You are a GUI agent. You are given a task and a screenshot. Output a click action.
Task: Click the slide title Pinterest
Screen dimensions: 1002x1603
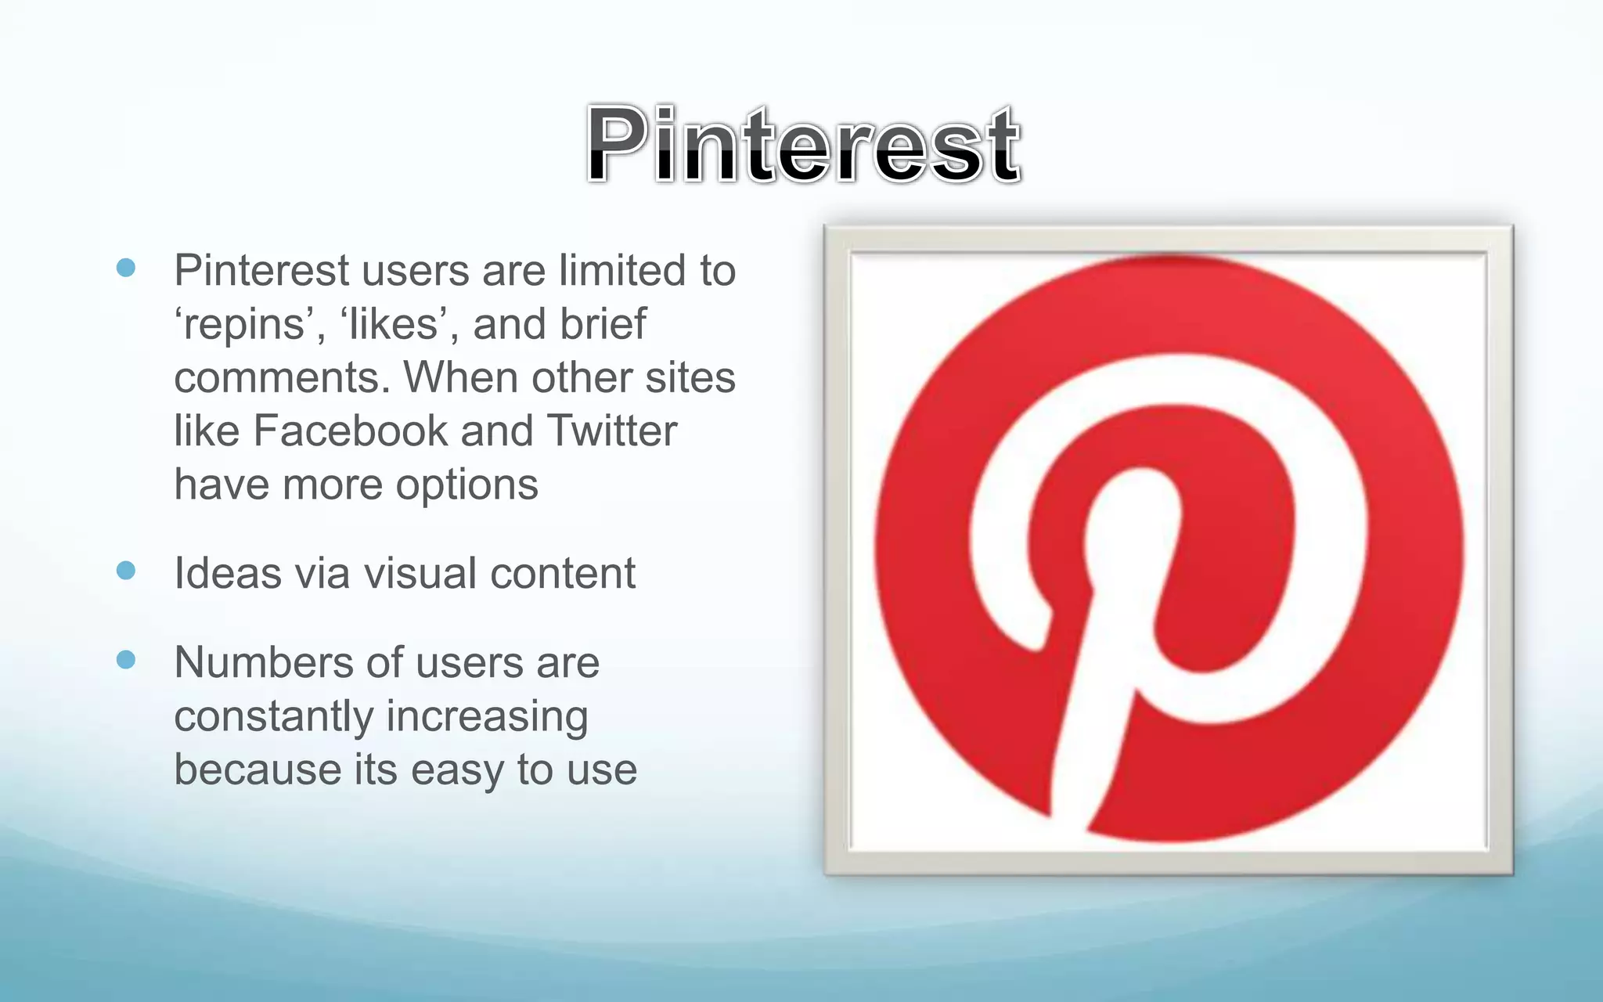coord(803,145)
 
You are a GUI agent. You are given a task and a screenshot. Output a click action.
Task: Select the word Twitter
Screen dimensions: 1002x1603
coord(611,431)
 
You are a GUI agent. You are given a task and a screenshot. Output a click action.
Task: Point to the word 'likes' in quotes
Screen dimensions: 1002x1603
coord(398,324)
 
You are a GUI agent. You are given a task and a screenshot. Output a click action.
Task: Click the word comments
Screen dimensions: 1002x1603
coord(281,377)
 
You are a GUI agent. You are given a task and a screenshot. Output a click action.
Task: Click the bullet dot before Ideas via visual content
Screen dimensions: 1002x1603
coord(126,571)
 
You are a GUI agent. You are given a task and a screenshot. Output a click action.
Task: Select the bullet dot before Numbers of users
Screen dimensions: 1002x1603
coord(126,660)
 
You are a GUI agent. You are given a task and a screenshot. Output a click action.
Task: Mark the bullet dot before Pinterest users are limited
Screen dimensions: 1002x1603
coord(126,269)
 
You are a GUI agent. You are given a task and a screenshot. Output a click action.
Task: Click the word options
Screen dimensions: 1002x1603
coord(466,485)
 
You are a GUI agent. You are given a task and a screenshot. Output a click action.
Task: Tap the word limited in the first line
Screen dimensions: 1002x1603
coord(622,270)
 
